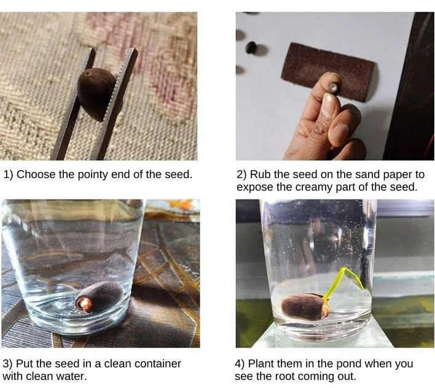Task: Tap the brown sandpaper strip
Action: coord(327,71)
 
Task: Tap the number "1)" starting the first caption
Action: coord(9,175)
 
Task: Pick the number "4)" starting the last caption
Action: coord(240,364)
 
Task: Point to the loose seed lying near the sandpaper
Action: coord(251,47)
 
